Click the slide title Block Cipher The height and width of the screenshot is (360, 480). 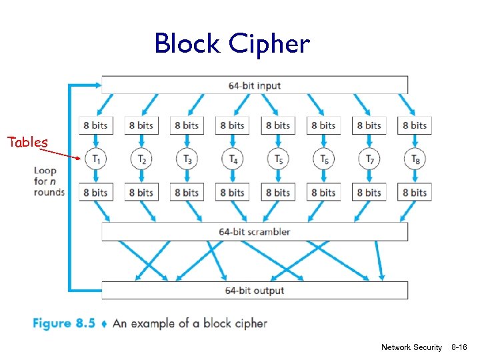(x=232, y=44)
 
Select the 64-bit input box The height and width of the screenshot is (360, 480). (x=254, y=85)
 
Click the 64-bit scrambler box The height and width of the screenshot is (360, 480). (x=254, y=232)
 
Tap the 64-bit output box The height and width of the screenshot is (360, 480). (x=254, y=291)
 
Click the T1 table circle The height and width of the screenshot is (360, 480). (x=96, y=159)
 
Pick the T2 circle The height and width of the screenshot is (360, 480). (x=141, y=159)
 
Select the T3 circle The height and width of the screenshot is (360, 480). (x=187, y=159)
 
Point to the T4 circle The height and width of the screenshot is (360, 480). (x=233, y=159)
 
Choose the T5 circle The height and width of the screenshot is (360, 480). (x=278, y=159)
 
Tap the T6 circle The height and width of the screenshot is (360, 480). (x=323, y=159)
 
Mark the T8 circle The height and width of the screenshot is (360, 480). (x=415, y=159)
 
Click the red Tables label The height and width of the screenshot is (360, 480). (x=27, y=142)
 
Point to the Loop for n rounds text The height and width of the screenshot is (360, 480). (x=49, y=181)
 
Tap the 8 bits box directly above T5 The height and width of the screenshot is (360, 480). (x=278, y=125)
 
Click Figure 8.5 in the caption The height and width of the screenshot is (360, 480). (x=64, y=323)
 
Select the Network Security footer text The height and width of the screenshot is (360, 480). (x=411, y=347)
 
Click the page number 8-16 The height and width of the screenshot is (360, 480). (x=459, y=347)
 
